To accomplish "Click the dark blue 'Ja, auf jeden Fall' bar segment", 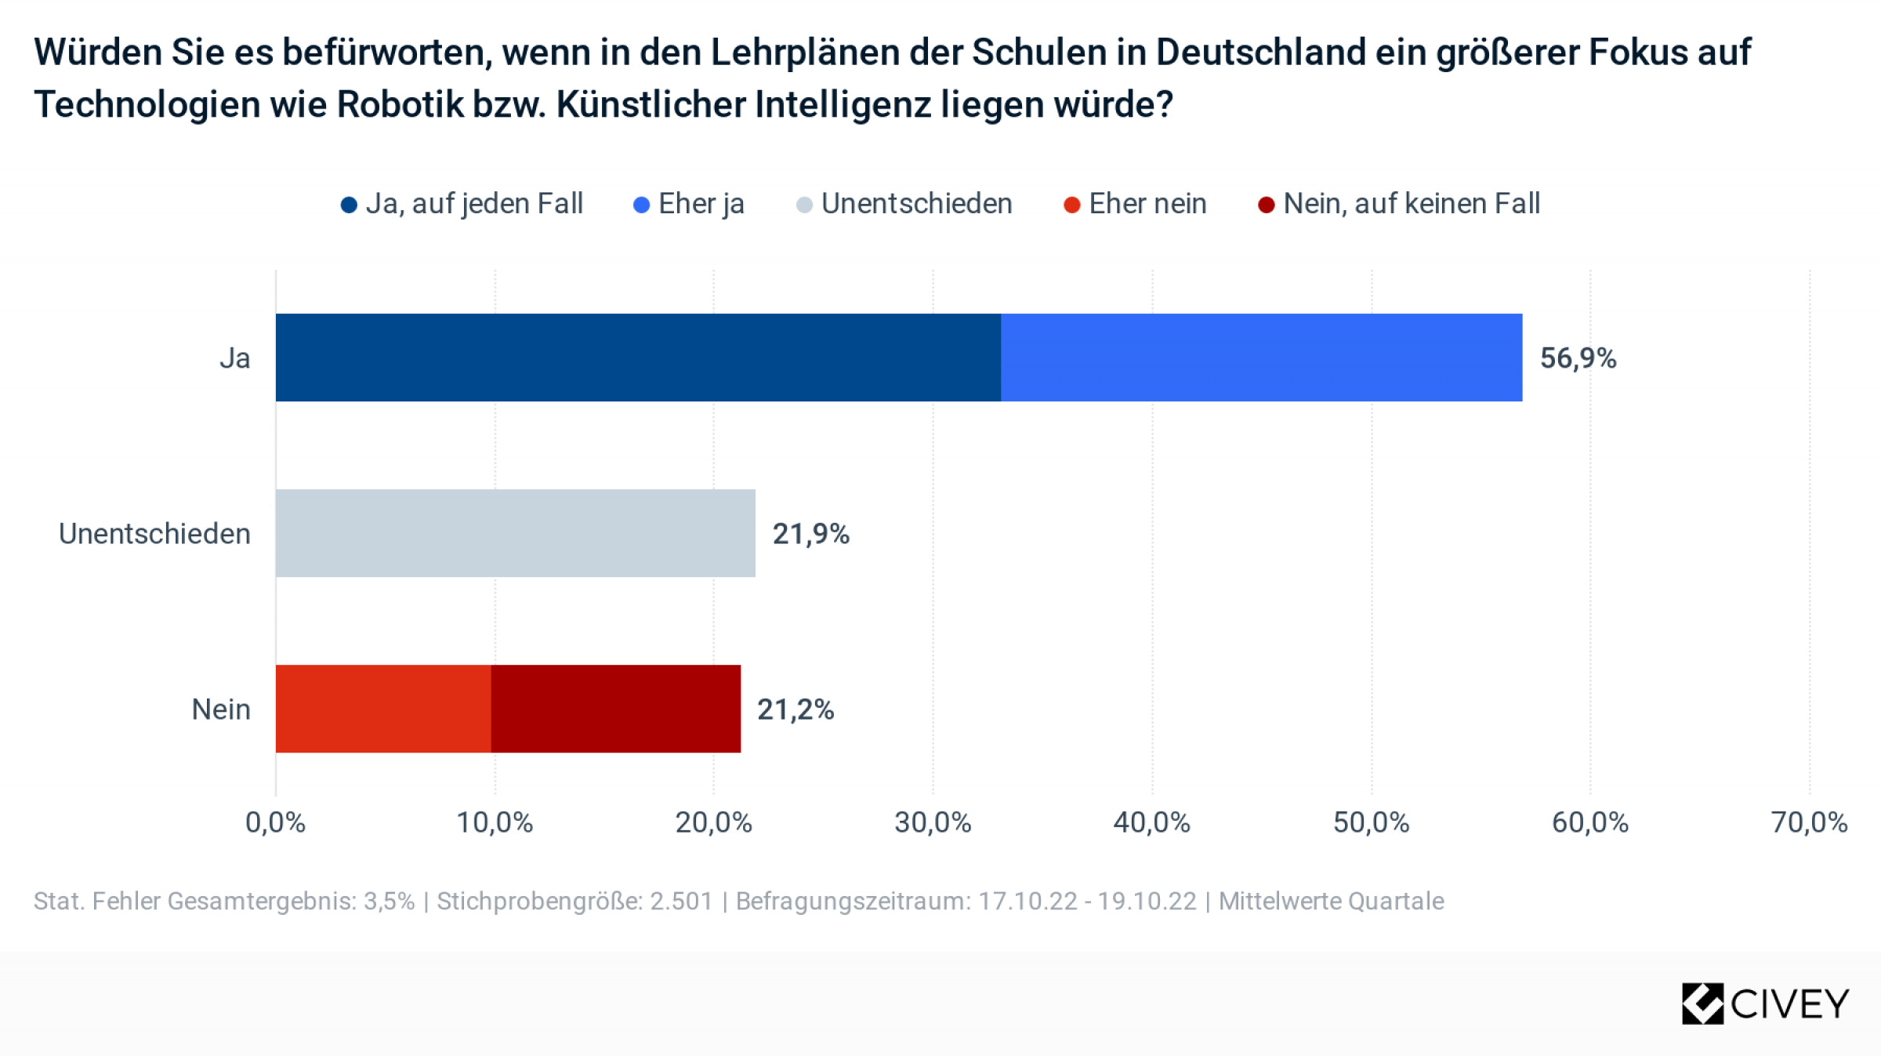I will [638, 357].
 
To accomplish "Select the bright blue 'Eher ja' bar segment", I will [1261, 357].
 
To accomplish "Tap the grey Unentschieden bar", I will [515, 533].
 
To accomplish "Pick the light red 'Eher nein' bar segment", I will [383, 709].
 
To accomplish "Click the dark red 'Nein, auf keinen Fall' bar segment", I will [615, 709].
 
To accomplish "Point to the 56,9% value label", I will [1578, 358].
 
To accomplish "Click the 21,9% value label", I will [810, 534].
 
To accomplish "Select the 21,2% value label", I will [795, 709].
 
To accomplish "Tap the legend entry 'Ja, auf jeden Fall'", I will [462, 204].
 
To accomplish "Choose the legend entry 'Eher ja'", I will [689, 204].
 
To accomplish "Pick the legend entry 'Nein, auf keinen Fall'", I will [1399, 204].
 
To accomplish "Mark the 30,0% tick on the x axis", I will [933, 822].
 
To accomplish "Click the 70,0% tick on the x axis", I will [1809, 822].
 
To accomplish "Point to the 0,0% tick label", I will [275, 822].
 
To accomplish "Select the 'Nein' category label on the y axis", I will [221, 709].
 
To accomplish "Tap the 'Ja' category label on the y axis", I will [234, 358].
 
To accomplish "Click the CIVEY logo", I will [1765, 1003].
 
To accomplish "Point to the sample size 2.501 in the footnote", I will [681, 901].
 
